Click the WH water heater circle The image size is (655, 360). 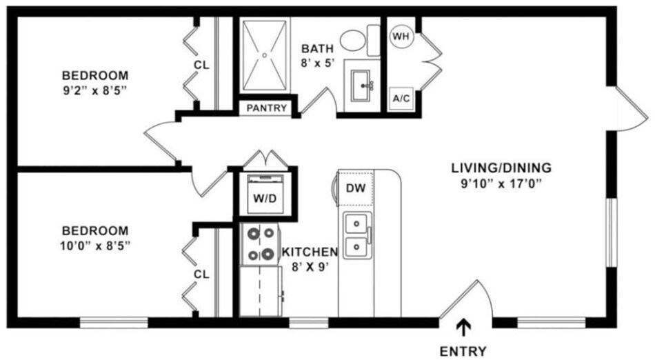tap(401, 35)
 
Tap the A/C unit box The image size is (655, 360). tap(401, 99)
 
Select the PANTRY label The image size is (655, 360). tap(267, 108)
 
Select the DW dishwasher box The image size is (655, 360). tap(355, 188)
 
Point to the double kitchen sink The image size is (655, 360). tap(356, 234)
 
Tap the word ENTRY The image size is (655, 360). tap(463, 350)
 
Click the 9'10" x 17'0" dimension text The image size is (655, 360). tap(501, 183)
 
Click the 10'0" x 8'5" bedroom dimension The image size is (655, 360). tap(95, 244)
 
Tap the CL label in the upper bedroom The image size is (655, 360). tap(201, 65)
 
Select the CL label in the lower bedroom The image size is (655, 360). tap(201, 274)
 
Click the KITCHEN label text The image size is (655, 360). tap(310, 252)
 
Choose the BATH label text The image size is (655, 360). tap(317, 49)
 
